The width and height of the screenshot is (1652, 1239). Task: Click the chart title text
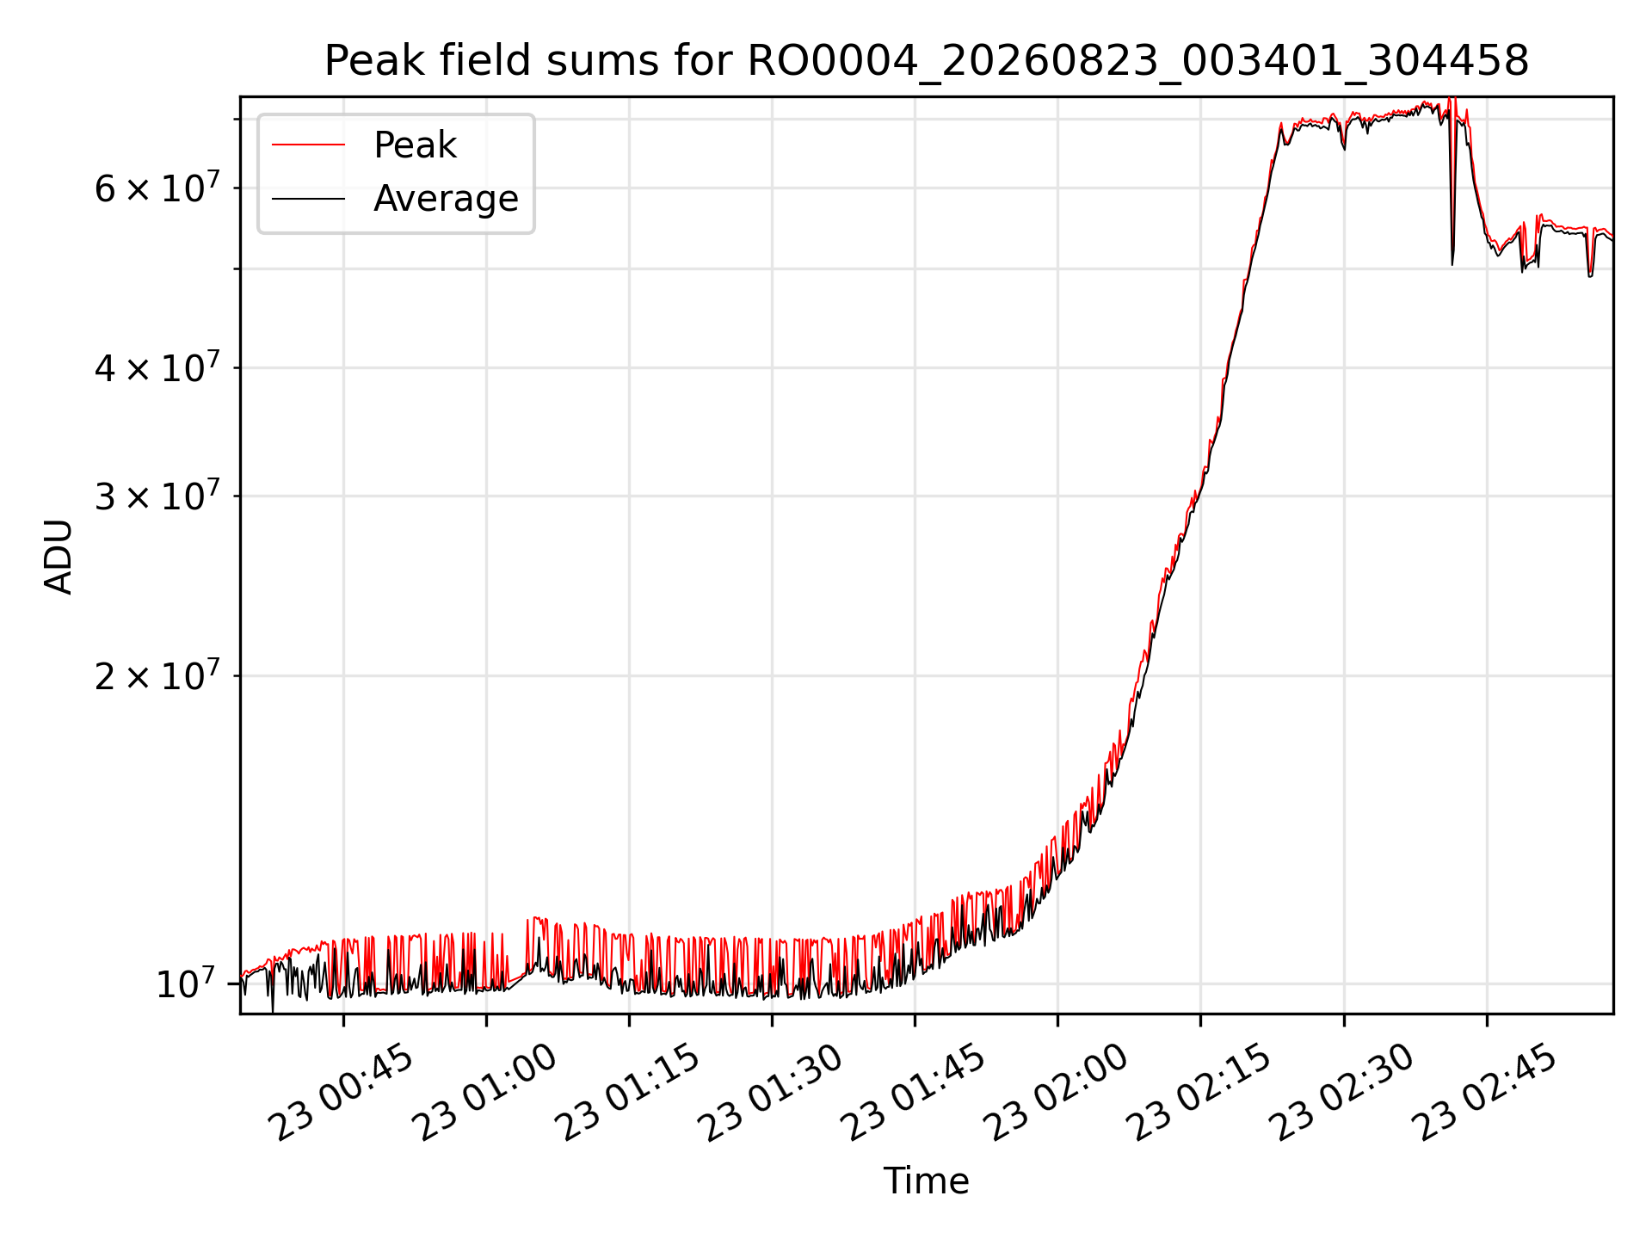pyautogui.click(x=926, y=61)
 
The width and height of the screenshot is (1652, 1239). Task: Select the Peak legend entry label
pyautogui.click(x=415, y=145)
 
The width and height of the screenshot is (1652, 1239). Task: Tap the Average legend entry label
pyautogui.click(x=446, y=199)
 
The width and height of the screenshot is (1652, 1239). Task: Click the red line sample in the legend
pyautogui.click(x=308, y=145)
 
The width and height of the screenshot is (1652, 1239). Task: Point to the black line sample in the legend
pyautogui.click(x=308, y=199)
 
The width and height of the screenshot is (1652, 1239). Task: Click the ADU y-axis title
pyautogui.click(x=59, y=557)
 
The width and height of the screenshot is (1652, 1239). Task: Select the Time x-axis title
pyautogui.click(x=926, y=1181)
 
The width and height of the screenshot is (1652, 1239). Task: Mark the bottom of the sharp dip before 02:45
pyautogui.click(x=1452, y=264)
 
